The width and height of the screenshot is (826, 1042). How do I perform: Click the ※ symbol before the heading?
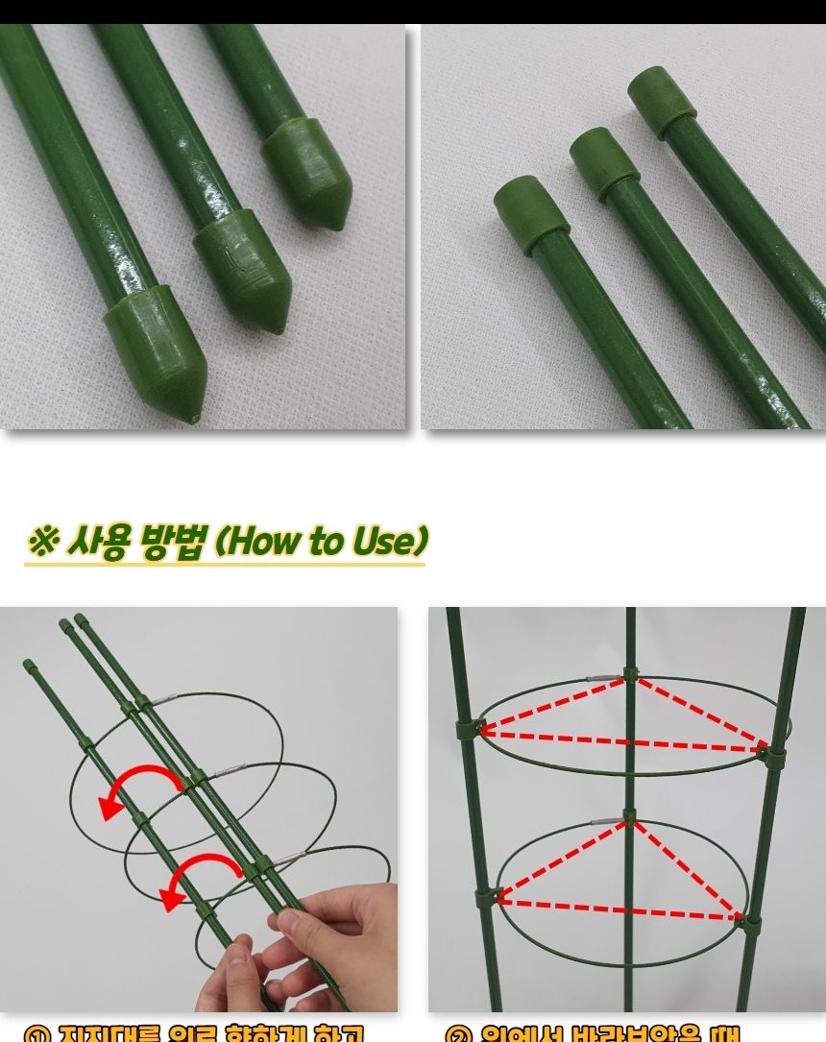click(42, 542)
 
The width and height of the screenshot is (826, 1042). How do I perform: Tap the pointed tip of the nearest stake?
click(196, 418)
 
